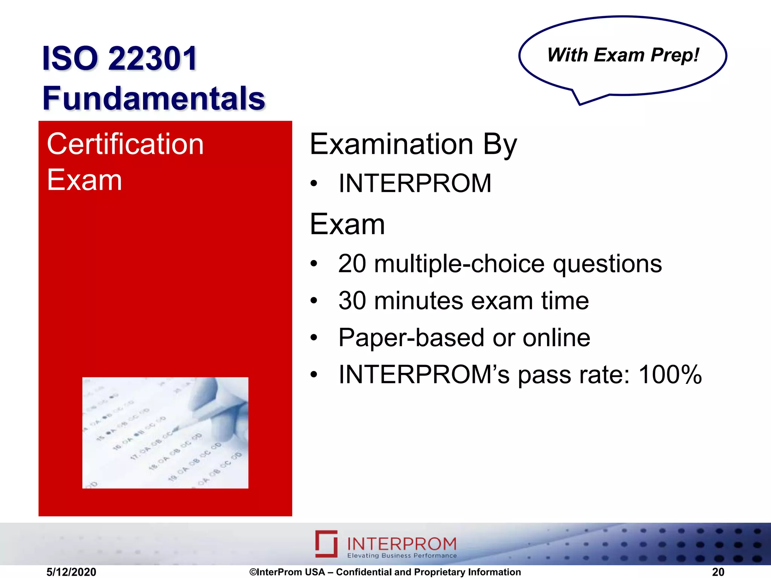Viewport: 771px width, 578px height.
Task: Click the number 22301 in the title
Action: pos(152,59)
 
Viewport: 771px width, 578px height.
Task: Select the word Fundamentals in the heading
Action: pos(154,98)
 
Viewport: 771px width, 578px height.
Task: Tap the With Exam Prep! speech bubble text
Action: pos(623,55)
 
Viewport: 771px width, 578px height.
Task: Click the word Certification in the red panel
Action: pos(125,144)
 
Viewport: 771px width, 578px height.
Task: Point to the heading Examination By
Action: pos(413,144)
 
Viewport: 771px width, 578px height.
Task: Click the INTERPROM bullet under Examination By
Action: pos(414,184)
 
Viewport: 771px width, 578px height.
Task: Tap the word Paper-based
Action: pos(411,338)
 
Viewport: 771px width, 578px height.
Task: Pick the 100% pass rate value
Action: pos(670,375)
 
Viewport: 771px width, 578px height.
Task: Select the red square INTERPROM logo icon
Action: pos(326,544)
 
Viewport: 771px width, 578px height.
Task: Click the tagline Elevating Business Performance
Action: pos(402,556)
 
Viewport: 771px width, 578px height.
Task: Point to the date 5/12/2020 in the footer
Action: pos(71,572)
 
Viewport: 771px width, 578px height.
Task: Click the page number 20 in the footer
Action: pos(718,572)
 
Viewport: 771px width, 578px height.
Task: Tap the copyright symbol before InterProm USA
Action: pos(253,572)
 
